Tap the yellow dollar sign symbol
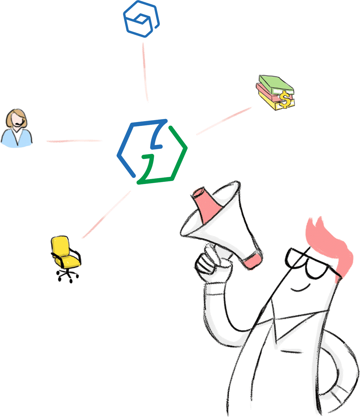[x=284, y=100]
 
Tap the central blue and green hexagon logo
[x=152, y=152]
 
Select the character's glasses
[x=309, y=264]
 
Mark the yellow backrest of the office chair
[x=60, y=246]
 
